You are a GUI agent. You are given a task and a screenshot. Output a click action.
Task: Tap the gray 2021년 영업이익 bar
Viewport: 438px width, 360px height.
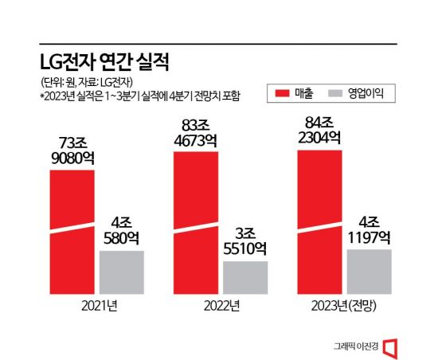121,272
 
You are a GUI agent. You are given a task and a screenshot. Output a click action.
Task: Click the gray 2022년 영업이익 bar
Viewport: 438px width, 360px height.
245,277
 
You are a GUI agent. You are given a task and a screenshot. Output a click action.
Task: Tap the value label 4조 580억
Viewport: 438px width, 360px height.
121,229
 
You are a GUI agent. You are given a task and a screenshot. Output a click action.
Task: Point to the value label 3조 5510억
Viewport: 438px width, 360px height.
245,241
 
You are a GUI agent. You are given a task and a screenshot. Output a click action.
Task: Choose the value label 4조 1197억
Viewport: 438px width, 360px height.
370,229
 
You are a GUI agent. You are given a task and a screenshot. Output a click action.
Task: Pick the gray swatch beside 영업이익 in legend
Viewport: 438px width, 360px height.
334,94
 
